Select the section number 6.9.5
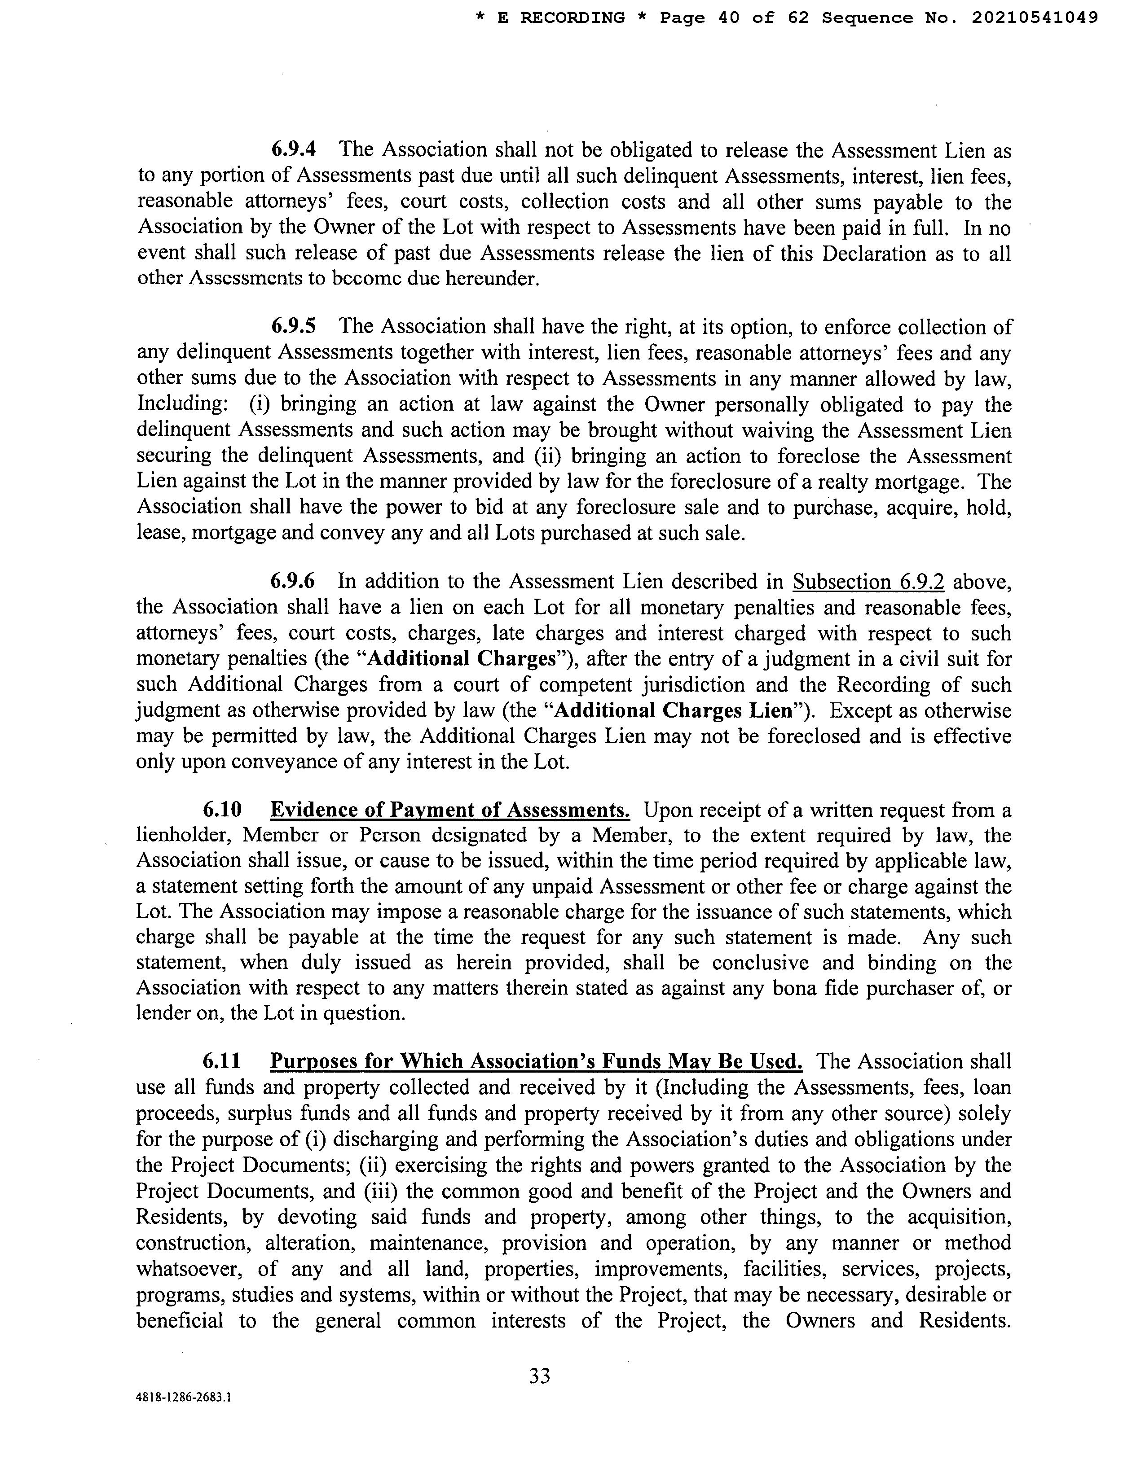[x=294, y=326]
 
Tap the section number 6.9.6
[x=293, y=581]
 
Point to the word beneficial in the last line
[x=180, y=1320]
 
